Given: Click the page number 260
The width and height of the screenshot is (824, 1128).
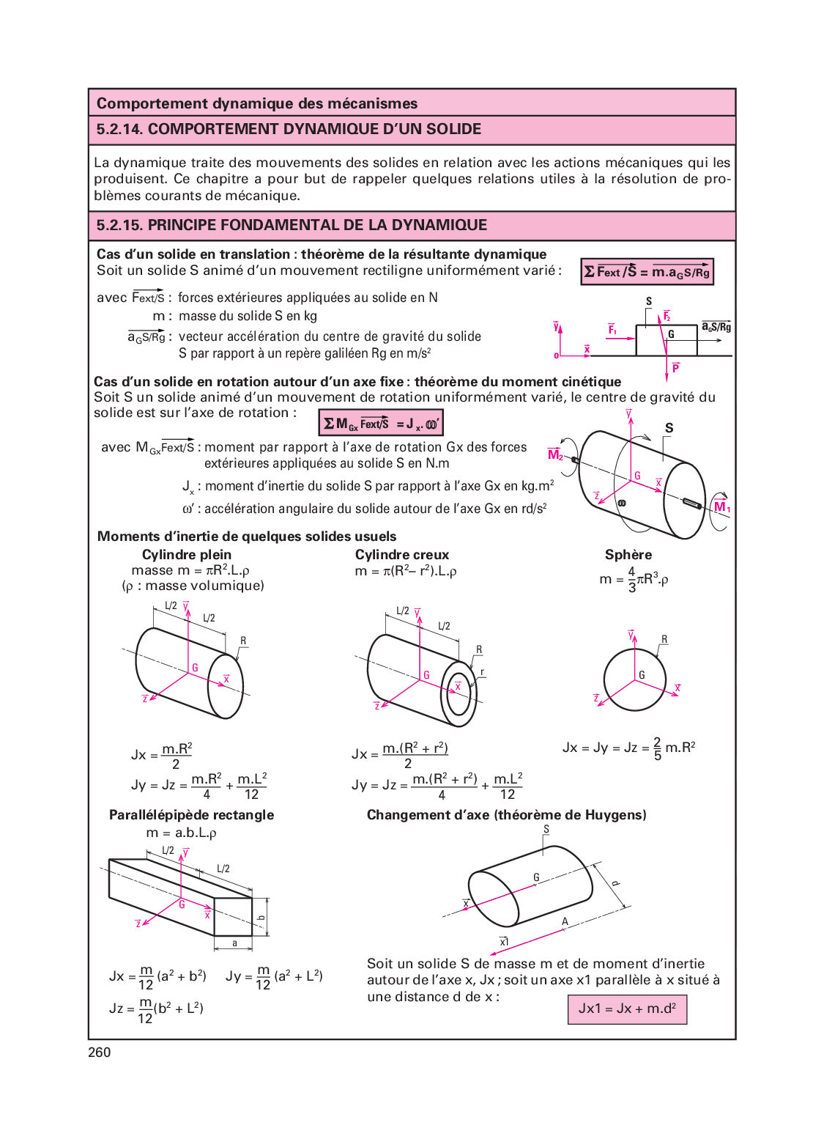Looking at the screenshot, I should (x=100, y=1053).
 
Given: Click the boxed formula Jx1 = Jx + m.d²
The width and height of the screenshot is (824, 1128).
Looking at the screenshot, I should (x=627, y=1009).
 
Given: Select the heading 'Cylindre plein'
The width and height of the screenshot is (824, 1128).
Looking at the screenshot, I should (x=187, y=555).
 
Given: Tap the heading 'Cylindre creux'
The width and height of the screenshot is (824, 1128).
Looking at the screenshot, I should (x=402, y=555).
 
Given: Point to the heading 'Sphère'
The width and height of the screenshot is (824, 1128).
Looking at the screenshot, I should (x=628, y=555).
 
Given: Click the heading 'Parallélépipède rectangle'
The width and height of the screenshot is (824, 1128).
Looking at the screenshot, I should (x=191, y=815).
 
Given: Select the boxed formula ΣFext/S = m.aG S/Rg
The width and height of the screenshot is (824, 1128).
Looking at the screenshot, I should (x=647, y=272).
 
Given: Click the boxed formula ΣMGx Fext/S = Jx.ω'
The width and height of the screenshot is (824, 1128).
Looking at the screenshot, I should (x=381, y=423).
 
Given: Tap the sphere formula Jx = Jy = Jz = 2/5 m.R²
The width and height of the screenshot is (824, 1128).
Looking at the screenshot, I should (x=628, y=748).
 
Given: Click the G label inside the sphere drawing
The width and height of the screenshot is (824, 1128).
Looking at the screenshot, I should (x=642, y=675).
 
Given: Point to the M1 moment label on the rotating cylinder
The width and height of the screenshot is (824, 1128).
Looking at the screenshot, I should (x=721, y=506).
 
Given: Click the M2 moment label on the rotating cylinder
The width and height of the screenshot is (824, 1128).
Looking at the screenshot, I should (x=555, y=454).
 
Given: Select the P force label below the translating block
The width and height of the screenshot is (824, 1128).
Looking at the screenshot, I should (x=675, y=368).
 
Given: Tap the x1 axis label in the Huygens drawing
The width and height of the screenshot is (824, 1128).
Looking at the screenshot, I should (x=504, y=942).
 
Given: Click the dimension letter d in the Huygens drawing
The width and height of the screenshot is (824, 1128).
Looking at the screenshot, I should (x=615, y=883).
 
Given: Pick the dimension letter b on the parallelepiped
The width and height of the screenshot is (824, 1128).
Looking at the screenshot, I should (x=261, y=917).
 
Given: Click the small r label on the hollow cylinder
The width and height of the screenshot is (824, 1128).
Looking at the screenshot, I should (x=482, y=672).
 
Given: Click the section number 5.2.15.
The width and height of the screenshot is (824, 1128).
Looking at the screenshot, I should (x=119, y=225).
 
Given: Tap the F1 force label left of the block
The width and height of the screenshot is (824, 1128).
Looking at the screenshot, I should (x=612, y=330).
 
